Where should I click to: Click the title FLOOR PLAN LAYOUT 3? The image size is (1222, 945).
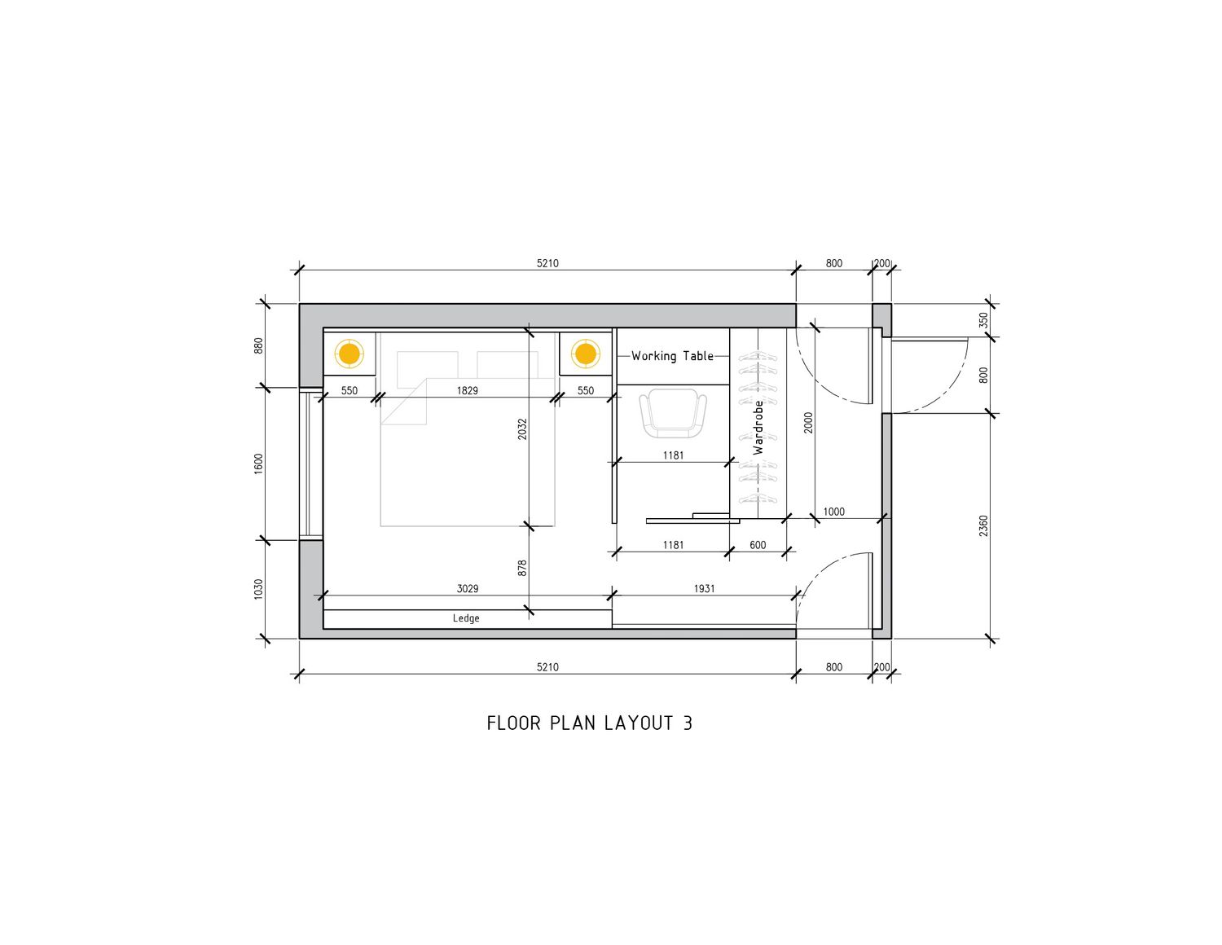589,723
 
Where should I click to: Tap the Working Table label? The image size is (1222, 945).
672,356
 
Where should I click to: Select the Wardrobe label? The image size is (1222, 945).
758,427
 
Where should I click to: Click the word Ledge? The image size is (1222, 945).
466,618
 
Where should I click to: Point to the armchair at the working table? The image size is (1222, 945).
673,415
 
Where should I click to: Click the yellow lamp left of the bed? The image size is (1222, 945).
349,354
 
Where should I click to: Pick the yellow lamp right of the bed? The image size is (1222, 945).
586,354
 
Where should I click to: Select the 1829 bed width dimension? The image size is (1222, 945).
468,390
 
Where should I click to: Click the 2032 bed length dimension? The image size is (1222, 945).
522,429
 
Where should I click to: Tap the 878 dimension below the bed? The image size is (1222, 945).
522,568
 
